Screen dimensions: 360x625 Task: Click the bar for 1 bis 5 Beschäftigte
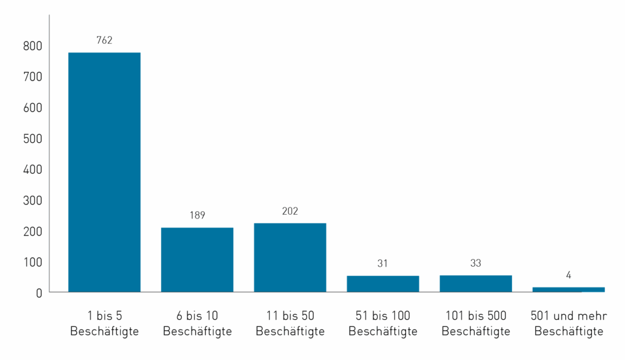coord(104,172)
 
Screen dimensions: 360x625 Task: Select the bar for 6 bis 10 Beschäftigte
coord(197,259)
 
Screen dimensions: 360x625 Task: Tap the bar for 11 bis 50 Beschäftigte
coord(290,257)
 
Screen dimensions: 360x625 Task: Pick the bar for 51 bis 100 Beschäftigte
coord(383,284)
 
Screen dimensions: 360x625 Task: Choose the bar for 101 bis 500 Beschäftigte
coord(475,284)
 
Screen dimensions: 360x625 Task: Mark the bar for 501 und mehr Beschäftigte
coord(568,289)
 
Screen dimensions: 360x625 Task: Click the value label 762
coord(104,41)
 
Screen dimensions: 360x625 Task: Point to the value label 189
coord(197,215)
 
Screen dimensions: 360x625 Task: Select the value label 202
coord(290,211)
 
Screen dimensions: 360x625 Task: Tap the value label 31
coord(383,264)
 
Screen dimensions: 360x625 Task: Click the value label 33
coord(475,264)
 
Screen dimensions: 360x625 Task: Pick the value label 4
coord(568,275)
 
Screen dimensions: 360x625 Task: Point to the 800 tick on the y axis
coord(33,46)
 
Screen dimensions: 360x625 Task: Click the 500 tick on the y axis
coord(33,139)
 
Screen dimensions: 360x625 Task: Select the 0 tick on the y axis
coord(38,293)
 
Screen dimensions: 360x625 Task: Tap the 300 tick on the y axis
coord(33,200)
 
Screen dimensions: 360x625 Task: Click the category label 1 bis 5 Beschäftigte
coord(104,323)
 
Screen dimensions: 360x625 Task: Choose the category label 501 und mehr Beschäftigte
coord(568,323)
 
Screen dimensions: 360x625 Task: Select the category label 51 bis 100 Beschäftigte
coord(383,323)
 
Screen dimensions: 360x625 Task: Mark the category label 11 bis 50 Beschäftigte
coord(290,323)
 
